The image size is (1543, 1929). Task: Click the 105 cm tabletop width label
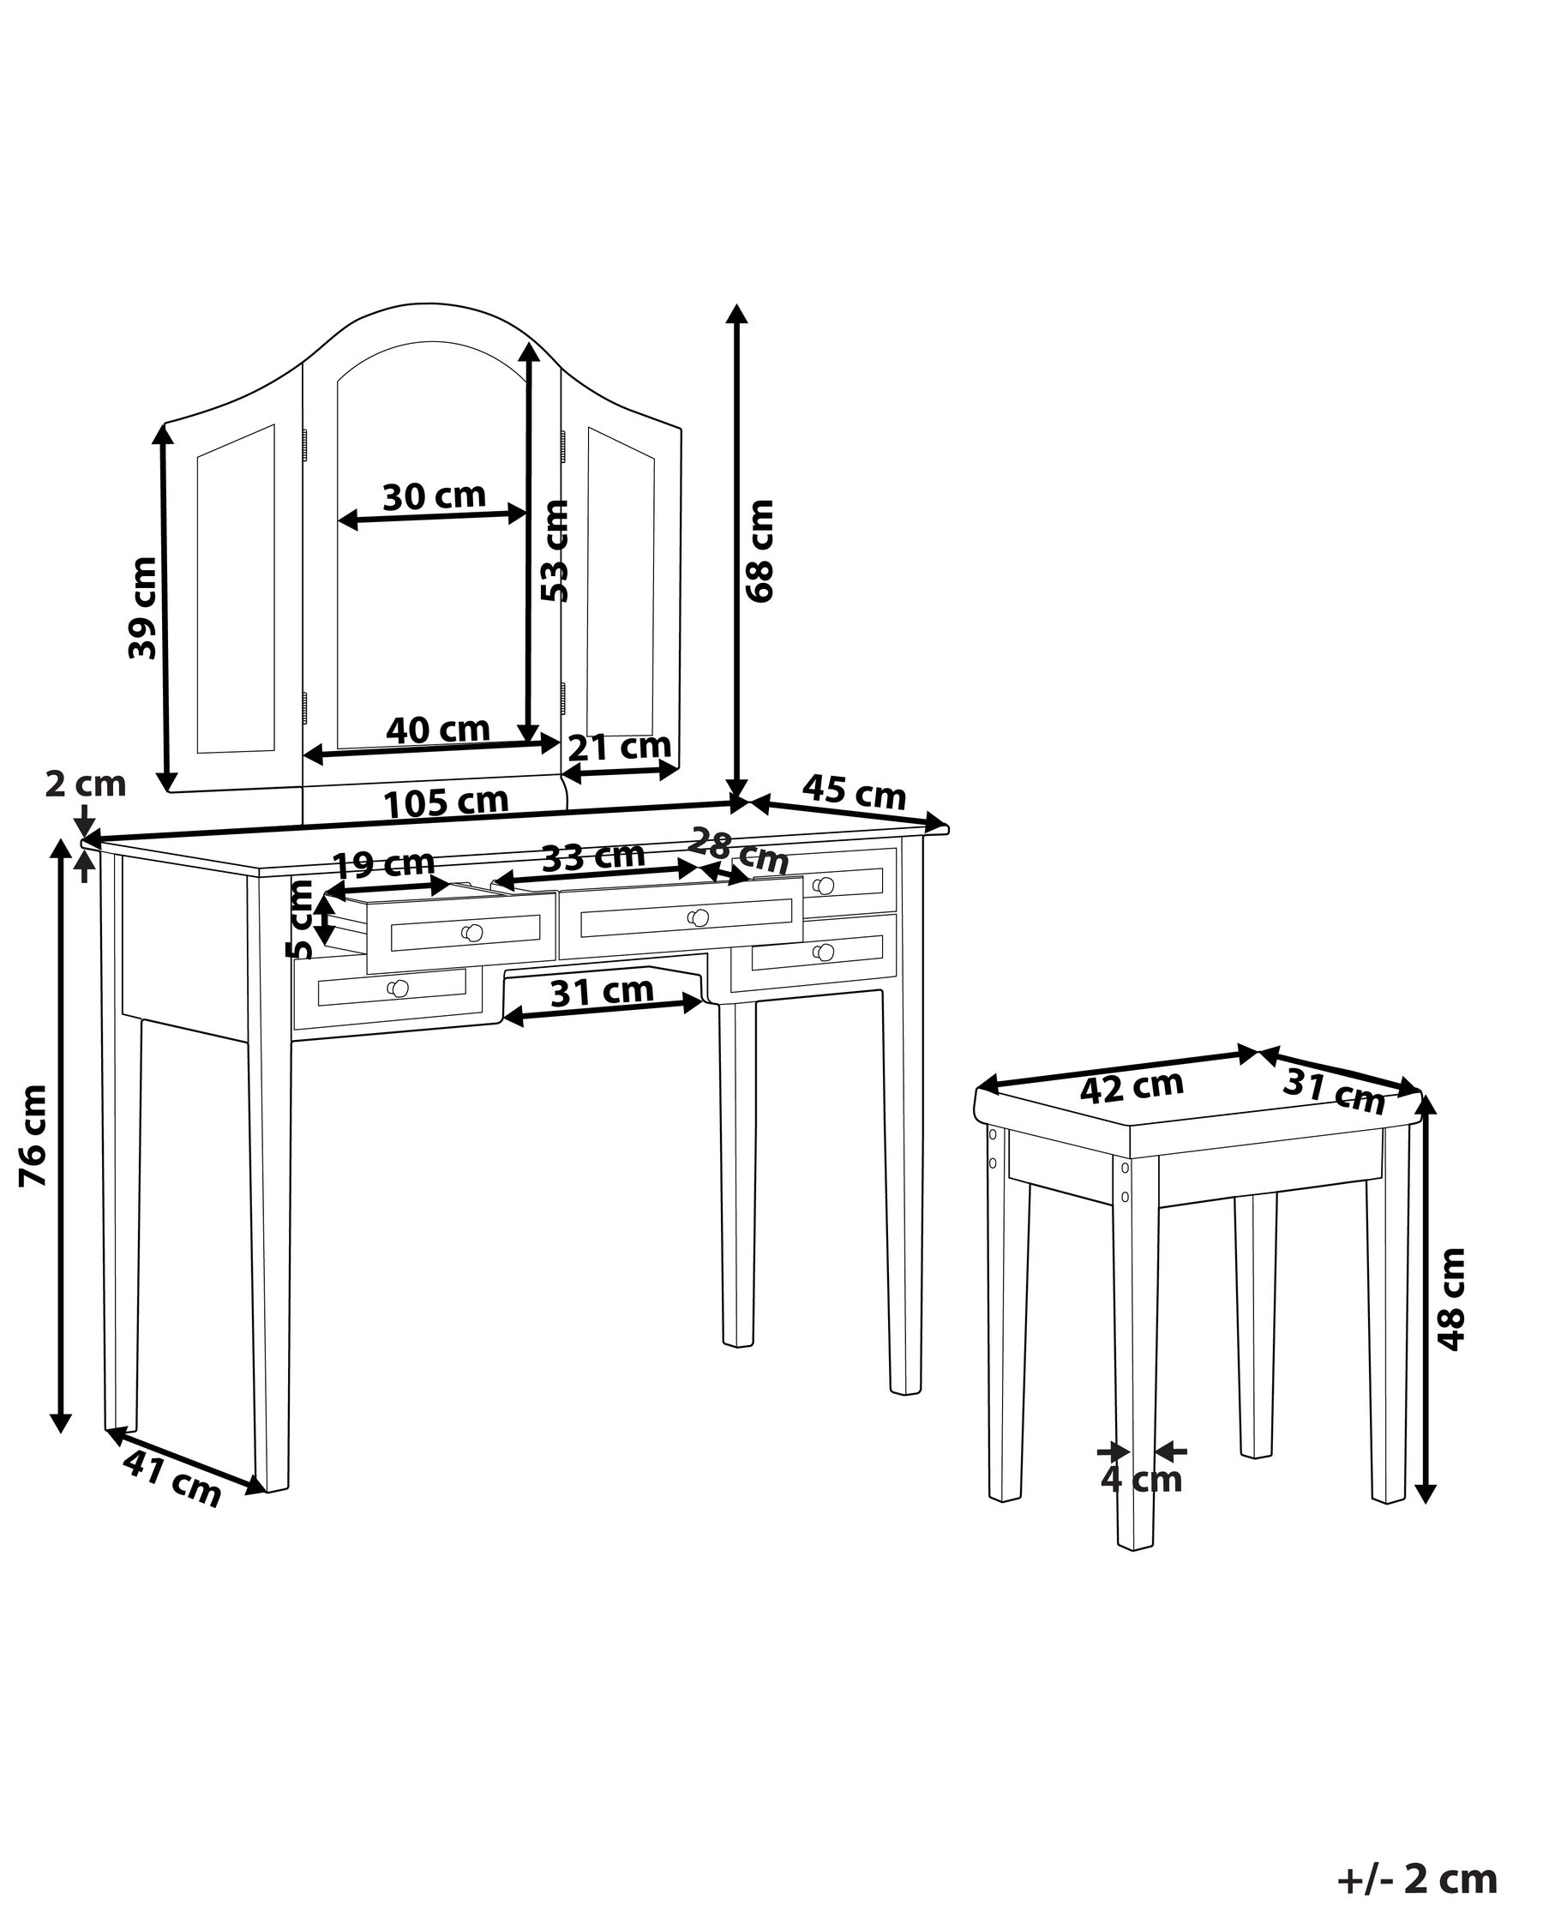pyautogui.click(x=446, y=802)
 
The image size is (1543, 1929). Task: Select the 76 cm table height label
pyautogui.click(x=34, y=1135)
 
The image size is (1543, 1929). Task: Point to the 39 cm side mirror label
pyautogui.click(x=142, y=608)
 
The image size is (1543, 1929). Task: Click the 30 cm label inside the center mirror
pyautogui.click(x=434, y=496)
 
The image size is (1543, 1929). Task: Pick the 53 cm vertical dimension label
pyautogui.click(x=555, y=551)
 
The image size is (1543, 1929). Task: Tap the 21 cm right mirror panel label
pyautogui.click(x=619, y=746)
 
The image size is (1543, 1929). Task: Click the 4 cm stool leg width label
pyautogui.click(x=1140, y=1480)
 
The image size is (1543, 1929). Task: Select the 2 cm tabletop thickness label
pyautogui.click(x=85, y=784)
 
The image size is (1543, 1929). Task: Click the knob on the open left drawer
pyautogui.click(x=473, y=933)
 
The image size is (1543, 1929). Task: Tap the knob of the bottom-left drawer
pyautogui.click(x=398, y=988)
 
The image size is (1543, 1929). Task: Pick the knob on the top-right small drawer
pyautogui.click(x=824, y=886)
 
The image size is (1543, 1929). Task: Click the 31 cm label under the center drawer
pyautogui.click(x=601, y=991)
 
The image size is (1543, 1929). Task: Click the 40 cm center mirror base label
pyautogui.click(x=437, y=730)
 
